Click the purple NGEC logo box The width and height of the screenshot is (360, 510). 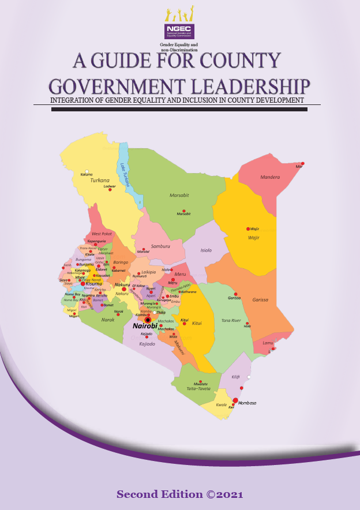pos(178,31)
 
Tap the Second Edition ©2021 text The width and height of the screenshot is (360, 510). pos(179,494)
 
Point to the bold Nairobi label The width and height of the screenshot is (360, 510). pos(145,326)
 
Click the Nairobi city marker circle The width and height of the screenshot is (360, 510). pos(148,319)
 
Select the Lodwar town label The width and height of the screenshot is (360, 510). pos(110,187)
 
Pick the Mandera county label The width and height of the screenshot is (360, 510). pos(269,177)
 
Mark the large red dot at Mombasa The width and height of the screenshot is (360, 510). pos(235,400)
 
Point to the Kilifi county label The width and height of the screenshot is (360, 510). pos(235,376)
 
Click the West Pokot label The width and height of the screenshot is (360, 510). pos(102,234)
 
